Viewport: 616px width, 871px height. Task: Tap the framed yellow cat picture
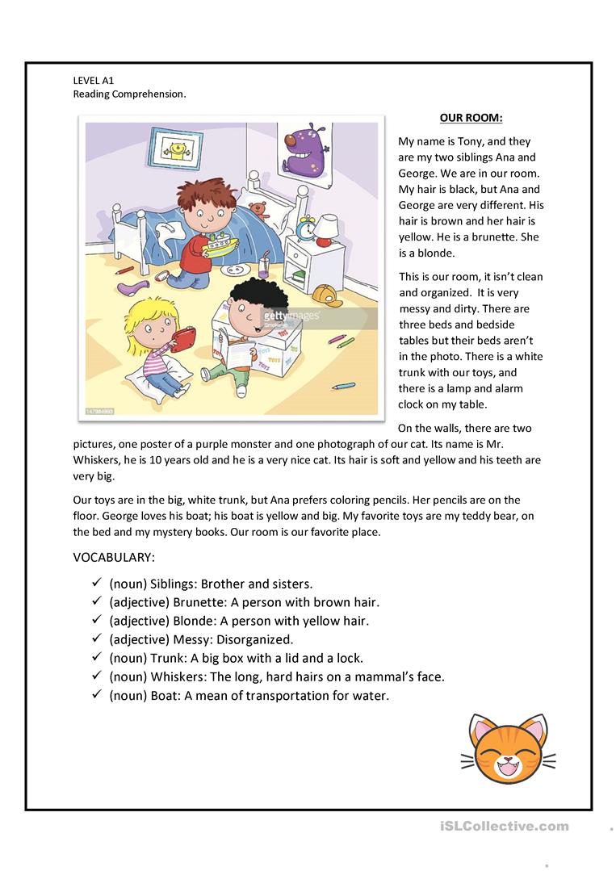click(x=175, y=149)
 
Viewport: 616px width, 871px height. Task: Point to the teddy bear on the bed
click(x=258, y=211)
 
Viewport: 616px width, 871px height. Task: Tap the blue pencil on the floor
click(x=344, y=385)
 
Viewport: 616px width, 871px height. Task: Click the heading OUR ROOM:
click(x=471, y=118)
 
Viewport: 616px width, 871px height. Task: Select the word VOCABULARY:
click(x=114, y=557)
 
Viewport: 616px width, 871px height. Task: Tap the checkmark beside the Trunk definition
click(x=94, y=657)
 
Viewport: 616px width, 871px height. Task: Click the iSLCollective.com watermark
click(x=505, y=826)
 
